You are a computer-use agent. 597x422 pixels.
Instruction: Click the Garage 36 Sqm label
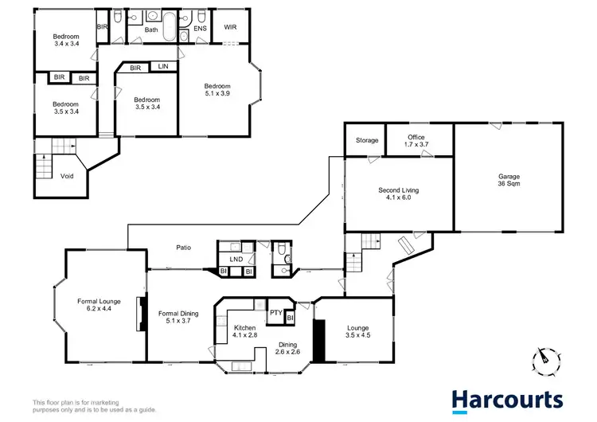pos(509,178)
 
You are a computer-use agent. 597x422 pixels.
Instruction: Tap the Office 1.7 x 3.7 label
pos(416,141)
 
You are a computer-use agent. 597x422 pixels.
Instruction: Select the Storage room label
pos(367,141)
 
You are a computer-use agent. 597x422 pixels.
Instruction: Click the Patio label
pos(183,248)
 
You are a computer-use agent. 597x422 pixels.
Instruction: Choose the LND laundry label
pos(236,260)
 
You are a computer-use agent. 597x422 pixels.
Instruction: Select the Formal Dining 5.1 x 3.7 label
pos(178,318)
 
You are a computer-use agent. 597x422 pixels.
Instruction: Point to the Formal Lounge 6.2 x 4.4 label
pos(98,306)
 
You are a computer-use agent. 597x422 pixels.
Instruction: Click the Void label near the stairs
pos(67,176)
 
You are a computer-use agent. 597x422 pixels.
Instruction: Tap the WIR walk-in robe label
pos(231,27)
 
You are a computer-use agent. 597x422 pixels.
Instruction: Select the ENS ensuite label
pos(200,29)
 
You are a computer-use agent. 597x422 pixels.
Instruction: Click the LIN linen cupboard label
pos(163,67)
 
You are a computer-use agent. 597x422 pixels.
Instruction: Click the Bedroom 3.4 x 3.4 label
pos(65,40)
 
